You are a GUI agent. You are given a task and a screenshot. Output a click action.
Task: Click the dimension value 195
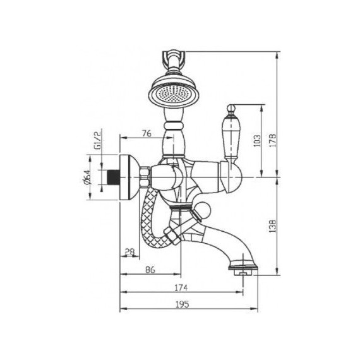pyautogui.click(x=183, y=304)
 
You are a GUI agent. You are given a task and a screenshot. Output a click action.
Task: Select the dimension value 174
pyautogui.click(x=181, y=287)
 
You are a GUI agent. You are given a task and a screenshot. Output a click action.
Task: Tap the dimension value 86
pyautogui.click(x=150, y=270)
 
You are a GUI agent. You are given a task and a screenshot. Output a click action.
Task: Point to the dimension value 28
pyautogui.click(x=129, y=252)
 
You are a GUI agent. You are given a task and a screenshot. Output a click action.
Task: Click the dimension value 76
pyautogui.click(x=147, y=133)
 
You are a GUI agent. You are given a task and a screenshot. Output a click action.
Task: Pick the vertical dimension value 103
pyautogui.click(x=258, y=141)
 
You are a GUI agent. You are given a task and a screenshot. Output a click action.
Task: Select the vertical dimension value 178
pyautogui.click(x=273, y=140)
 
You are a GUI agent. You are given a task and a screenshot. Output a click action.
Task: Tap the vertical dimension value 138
pyautogui.click(x=272, y=226)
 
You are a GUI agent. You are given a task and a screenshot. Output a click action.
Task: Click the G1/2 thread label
pyautogui.click(x=97, y=140)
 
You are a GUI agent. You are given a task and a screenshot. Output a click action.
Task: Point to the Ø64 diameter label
pyautogui.click(x=87, y=177)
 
